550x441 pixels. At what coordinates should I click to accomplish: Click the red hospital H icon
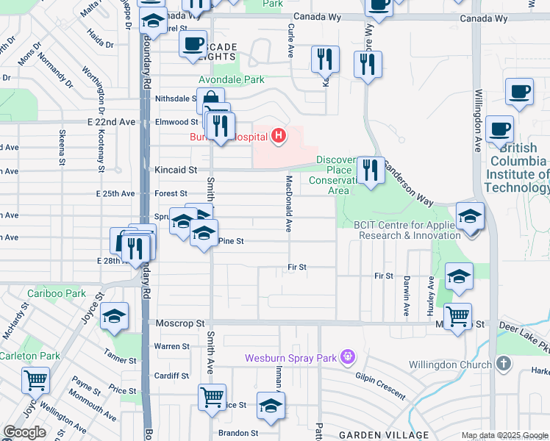279,135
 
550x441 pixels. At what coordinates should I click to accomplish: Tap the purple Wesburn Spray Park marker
348,359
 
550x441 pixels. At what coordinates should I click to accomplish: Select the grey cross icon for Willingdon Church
504,364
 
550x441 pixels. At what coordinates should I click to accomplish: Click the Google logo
24,431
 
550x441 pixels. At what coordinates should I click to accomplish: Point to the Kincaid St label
176,170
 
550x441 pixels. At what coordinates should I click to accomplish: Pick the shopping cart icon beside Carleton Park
35,380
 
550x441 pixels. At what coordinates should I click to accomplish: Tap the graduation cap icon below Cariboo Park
114,316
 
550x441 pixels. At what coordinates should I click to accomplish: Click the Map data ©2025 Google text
504,435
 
